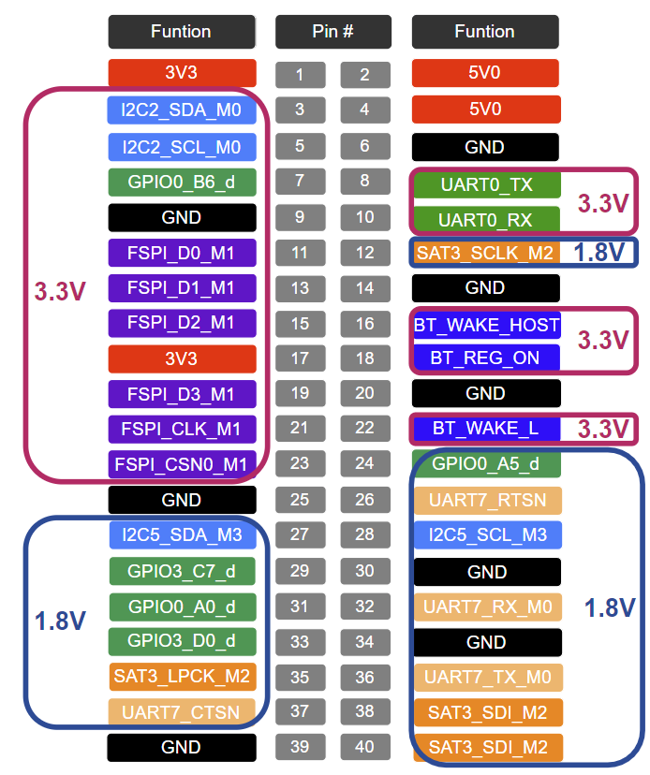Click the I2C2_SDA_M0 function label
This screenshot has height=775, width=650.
[182, 110]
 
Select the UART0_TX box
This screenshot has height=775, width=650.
[486, 184]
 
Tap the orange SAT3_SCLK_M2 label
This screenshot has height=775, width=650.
[486, 253]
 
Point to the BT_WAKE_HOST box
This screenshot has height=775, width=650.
[486, 324]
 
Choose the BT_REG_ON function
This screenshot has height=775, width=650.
[486, 358]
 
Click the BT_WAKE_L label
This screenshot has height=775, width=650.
[486, 429]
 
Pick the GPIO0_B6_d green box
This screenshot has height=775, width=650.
[182, 182]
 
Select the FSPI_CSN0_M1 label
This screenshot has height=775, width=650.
[182, 463]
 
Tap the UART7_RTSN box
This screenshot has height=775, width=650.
[486, 500]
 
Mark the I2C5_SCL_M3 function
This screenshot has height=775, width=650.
[486, 535]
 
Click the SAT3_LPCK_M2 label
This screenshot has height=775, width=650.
[182, 676]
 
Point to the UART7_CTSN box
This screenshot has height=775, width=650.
[182, 711]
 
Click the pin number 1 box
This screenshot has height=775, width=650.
[300, 75]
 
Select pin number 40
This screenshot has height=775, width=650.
[364, 747]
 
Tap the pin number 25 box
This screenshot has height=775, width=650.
[300, 500]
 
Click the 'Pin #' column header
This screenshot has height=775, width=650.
[332, 32]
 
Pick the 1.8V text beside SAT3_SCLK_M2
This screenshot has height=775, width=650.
[599, 253]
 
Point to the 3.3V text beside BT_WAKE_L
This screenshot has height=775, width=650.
[602, 429]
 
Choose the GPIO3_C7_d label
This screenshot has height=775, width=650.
[182, 570]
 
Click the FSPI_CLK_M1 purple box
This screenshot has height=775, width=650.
[182, 429]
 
